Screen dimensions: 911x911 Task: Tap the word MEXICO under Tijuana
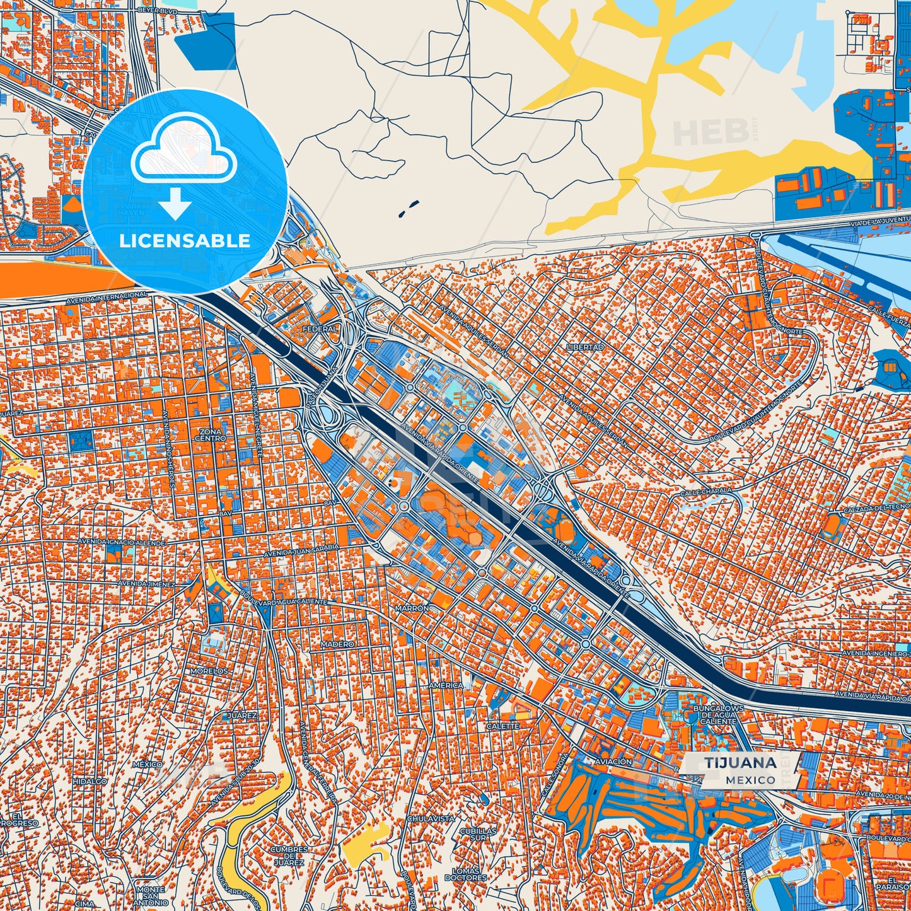(x=750, y=780)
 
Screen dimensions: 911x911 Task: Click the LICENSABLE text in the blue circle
(x=185, y=241)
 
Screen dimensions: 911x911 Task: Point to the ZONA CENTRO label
(x=210, y=434)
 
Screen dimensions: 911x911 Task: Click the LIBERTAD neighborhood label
(x=584, y=347)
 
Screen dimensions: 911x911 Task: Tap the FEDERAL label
(x=320, y=329)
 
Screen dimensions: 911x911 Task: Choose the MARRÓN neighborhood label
(x=412, y=608)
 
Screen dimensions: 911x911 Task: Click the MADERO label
(x=337, y=644)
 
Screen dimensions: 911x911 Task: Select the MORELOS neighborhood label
(x=209, y=671)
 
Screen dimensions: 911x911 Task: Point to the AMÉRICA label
(x=446, y=685)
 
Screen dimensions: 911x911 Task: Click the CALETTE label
(x=502, y=726)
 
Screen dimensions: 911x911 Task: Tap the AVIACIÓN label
(x=611, y=762)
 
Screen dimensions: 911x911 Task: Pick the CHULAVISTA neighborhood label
(x=431, y=818)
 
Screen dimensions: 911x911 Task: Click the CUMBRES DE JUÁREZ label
(x=289, y=856)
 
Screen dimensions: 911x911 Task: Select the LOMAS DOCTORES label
(x=465, y=874)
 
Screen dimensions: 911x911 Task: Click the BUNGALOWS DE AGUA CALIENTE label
(x=718, y=714)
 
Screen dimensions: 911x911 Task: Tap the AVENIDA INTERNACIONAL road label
(x=107, y=295)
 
